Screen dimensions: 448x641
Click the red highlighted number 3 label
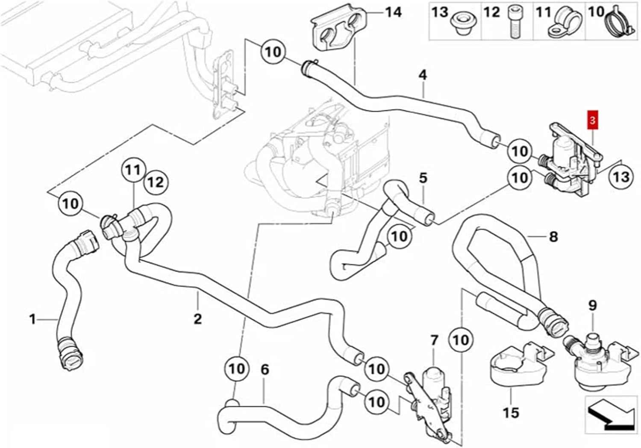(592, 121)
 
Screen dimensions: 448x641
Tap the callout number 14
(393, 12)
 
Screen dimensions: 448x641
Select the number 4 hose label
(423, 75)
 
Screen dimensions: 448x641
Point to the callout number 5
(423, 178)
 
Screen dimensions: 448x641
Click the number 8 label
(553, 236)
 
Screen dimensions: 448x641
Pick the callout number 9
(592, 305)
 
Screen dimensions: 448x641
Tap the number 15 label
(511, 413)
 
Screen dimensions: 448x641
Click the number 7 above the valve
(434, 341)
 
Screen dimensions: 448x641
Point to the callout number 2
(197, 318)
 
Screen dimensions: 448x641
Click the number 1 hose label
(32, 319)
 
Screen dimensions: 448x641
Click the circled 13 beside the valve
(621, 176)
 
